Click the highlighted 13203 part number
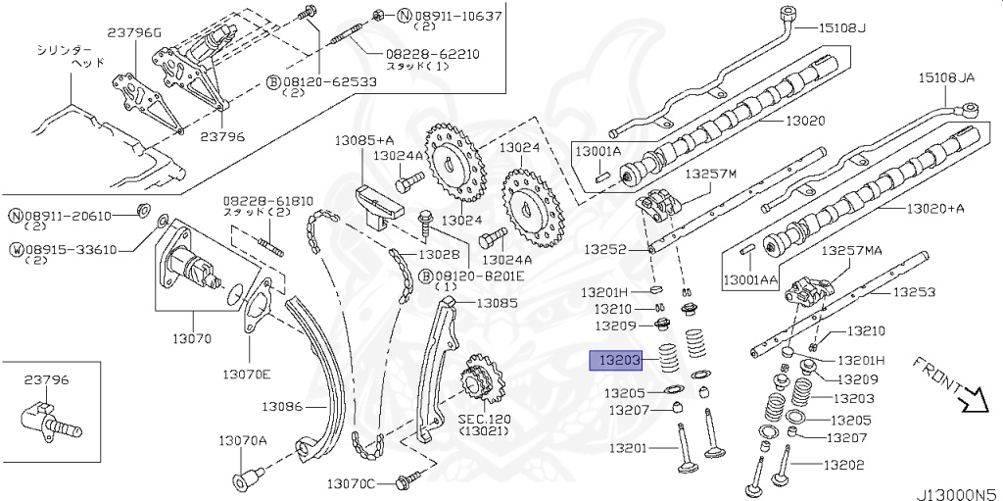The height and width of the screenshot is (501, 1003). point(614,361)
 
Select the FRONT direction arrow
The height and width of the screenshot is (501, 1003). point(974,397)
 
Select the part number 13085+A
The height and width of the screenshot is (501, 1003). point(364,140)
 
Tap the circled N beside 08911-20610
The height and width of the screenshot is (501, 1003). point(17,216)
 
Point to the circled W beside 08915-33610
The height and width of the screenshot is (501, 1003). point(17,249)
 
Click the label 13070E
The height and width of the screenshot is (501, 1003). point(246,374)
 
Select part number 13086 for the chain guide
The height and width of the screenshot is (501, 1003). point(282,405)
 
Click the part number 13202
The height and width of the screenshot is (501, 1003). point(843,465)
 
